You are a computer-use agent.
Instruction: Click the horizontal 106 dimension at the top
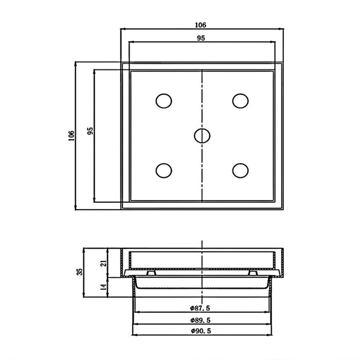[x=201, y=25]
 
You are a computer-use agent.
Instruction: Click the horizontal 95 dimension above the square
[x=201, y=39]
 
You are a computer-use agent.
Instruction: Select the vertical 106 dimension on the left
[x=71, y=135]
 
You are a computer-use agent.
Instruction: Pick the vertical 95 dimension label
[x=90, y=131]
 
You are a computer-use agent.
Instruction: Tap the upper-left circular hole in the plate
[x=164, y=101]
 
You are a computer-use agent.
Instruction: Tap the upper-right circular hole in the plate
[x=240, y=101]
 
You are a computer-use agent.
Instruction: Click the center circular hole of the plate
[x=202, y=135]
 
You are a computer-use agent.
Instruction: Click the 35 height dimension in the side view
[x=80, y=272]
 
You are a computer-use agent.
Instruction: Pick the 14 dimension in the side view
[x=103, y=286]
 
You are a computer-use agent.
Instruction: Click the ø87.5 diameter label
[x=201, y=308]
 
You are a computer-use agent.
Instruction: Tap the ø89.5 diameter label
[x=201, y=320]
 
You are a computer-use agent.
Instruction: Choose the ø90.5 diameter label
[x=201, y=332]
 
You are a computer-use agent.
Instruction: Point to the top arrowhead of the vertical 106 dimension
[x=76, y=63]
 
